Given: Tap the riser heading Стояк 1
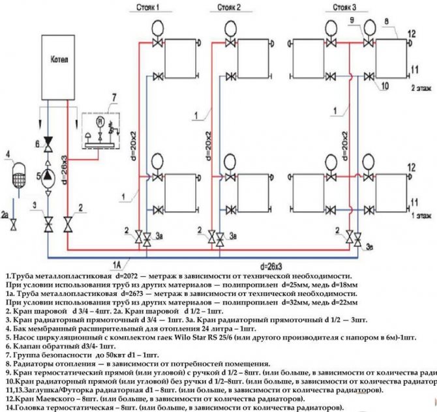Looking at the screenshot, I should tap(148, 7).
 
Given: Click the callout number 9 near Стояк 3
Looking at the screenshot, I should tap(352, 22).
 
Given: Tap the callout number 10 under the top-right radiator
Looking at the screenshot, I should tap(385, 85).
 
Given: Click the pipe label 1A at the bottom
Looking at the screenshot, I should tap(116, 264).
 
